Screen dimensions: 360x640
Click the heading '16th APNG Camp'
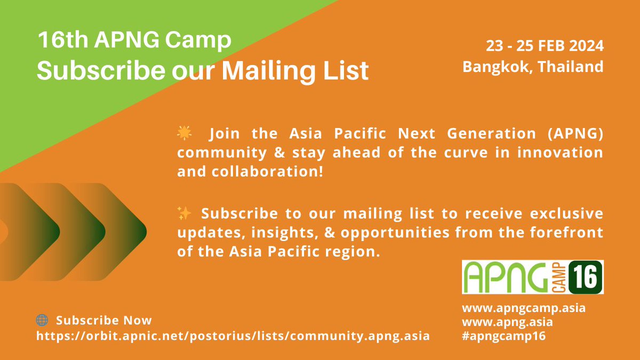[x=134, y=41]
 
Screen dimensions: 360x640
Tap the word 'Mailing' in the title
[x=268, y=70]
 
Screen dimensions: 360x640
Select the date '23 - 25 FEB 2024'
[x=545, y=46]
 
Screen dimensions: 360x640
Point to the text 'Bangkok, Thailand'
[x=533, y=67]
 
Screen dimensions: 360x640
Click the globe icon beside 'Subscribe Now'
[x=42, y=321]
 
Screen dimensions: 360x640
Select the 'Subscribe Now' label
[x=104, y=321]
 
